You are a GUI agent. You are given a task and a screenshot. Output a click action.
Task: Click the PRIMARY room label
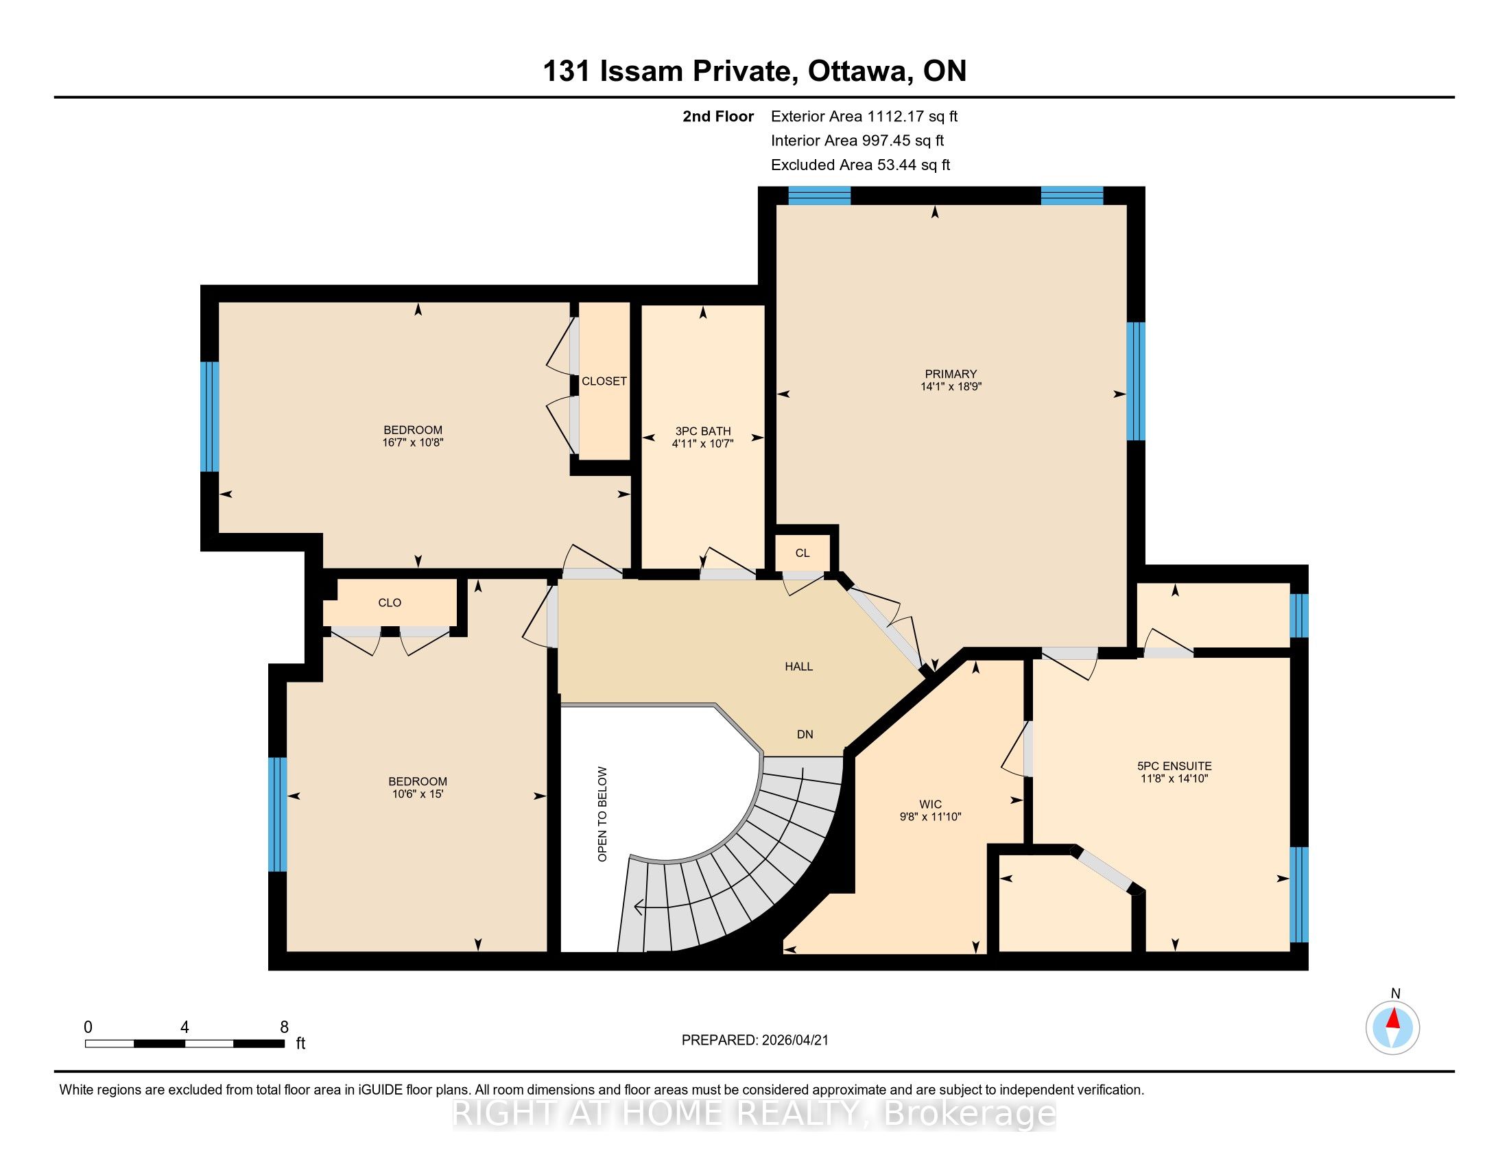(951, 374)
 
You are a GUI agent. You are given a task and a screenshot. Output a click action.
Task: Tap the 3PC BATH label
(702, 431)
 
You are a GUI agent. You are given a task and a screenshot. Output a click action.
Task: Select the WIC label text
(931, 804)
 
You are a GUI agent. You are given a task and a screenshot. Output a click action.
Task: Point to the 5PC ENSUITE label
(1174, 765)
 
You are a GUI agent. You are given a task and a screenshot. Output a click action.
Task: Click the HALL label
(798, 667)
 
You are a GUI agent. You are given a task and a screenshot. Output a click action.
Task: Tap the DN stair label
(805, 735)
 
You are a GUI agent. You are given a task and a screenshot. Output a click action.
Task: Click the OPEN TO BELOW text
(602, 813)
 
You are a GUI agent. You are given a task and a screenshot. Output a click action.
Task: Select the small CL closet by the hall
(803, 553)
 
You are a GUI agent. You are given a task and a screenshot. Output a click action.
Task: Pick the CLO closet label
(390, 602)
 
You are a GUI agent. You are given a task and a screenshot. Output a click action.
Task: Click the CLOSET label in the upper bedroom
(604, 381)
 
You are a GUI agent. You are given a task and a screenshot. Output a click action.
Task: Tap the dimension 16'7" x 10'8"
(412, 442)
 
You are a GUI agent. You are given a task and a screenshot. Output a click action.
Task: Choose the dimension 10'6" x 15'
(417, 794)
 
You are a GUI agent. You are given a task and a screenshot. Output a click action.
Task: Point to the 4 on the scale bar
(185, 1027)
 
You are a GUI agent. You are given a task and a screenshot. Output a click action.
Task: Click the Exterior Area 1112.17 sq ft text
(864, 116)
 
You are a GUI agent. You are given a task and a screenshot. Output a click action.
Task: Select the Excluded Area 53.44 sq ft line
(861, 165)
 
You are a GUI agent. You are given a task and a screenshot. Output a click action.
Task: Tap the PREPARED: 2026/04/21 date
(755, 1040)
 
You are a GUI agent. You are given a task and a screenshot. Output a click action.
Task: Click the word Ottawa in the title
(857, 71)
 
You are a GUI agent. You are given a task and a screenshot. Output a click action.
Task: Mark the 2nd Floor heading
(718, 116)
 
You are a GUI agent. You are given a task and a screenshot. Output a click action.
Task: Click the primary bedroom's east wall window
(1136, 381)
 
